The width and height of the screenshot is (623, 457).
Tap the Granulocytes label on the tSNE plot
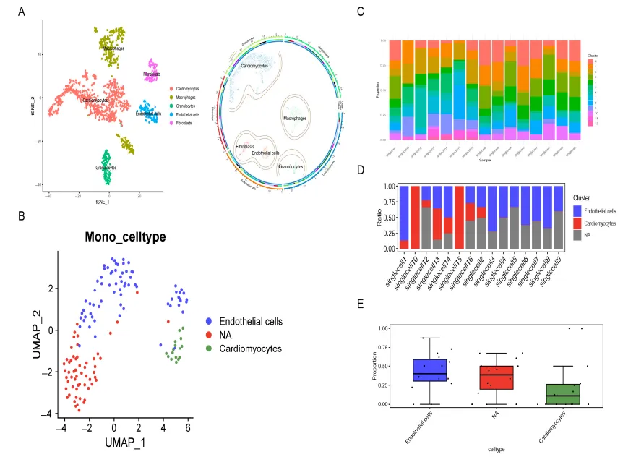(x=106, y=167)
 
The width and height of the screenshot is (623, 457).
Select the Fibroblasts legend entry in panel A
(x=185, y=123)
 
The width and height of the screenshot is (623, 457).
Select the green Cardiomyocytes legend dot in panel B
(x=208, y=349)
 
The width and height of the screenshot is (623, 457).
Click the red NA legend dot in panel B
(x=208, y=335)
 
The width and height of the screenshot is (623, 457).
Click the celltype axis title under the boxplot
(x=496, y=449)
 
